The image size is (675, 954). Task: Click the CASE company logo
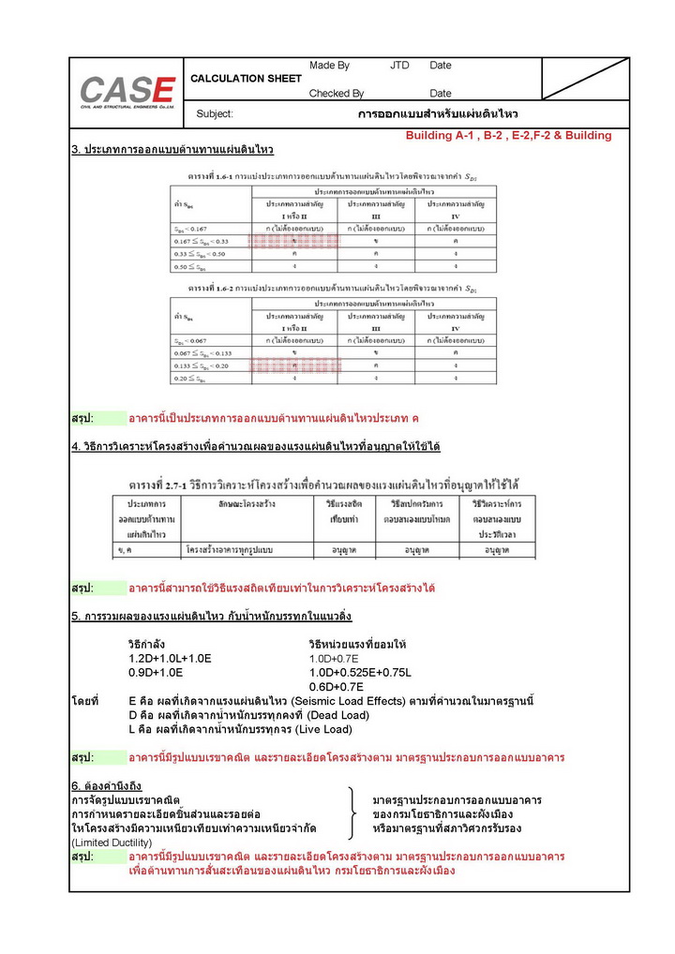pos(126,92)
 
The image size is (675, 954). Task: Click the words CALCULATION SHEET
pos(246,79)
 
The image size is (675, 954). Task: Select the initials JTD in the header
pos(400,66)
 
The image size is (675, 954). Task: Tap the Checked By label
pos(337,94)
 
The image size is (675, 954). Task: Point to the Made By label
pos(329,66)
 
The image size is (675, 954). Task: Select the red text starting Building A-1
pos(508,136)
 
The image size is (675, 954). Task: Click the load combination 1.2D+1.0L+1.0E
pos(170,659)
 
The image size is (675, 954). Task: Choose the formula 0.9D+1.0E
pos(156,673)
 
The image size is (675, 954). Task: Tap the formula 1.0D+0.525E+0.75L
pos(360,673)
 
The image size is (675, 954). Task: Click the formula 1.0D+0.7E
pos(340,659)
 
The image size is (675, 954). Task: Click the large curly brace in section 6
pos(352,814)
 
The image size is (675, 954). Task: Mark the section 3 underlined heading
pos(172,150)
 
